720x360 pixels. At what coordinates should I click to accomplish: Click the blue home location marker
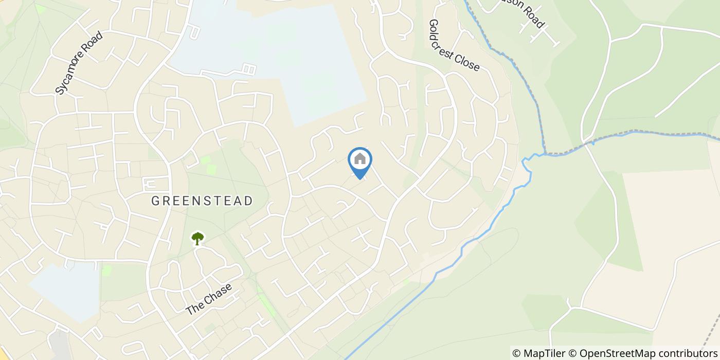360,160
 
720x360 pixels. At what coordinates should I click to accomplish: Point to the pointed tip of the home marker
360,179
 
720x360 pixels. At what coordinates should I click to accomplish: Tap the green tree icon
197,238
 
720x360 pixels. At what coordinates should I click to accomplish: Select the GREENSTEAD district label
202,201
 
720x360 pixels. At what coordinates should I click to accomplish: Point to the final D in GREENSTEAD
248,201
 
